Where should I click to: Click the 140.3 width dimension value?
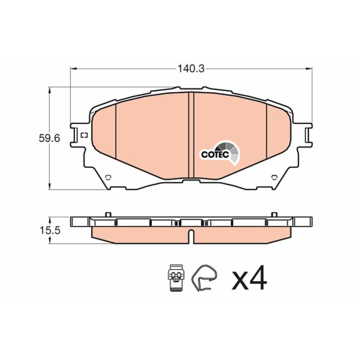[x=191, y=69]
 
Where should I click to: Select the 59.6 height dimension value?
[x=49, y=139]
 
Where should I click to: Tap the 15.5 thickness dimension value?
[x=50, y=230]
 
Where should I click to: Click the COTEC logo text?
[x=215, y=154]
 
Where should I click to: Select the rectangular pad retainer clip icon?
[x=176, y=277]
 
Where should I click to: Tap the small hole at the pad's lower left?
[x=108, y=177]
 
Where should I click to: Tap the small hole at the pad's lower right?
[x=274, y=177]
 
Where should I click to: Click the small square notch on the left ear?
[x=85, y=135]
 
